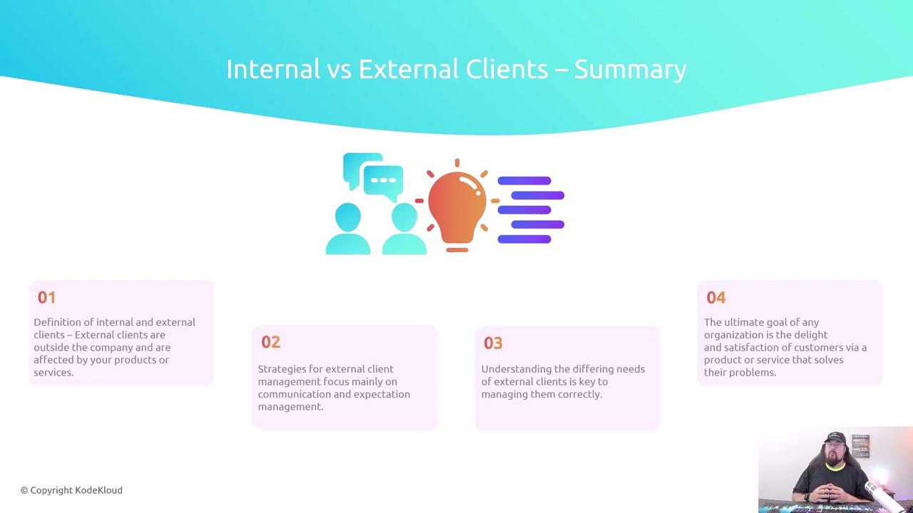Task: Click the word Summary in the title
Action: click(x=631, y=70)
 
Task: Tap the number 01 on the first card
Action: click(x=46, y=298)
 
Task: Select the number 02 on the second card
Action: click(x=270, y=342)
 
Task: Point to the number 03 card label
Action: click(x=493, y=343)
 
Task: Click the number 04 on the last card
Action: click(x=716, y=298)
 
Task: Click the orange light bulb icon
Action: click(x=457, y=206)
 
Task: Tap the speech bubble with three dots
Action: click(x=383, y=183)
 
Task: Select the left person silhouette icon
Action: click(x=348, y=229)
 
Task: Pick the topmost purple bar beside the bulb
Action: click(x=524, y=181)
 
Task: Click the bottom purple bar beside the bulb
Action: click(x=524, y=239)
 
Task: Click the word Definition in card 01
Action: click(x=58, y=322)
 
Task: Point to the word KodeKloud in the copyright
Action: click(x=98, y=490)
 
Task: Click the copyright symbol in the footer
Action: click(x=24, y=491)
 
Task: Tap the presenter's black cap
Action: click(x=835, y=437)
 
